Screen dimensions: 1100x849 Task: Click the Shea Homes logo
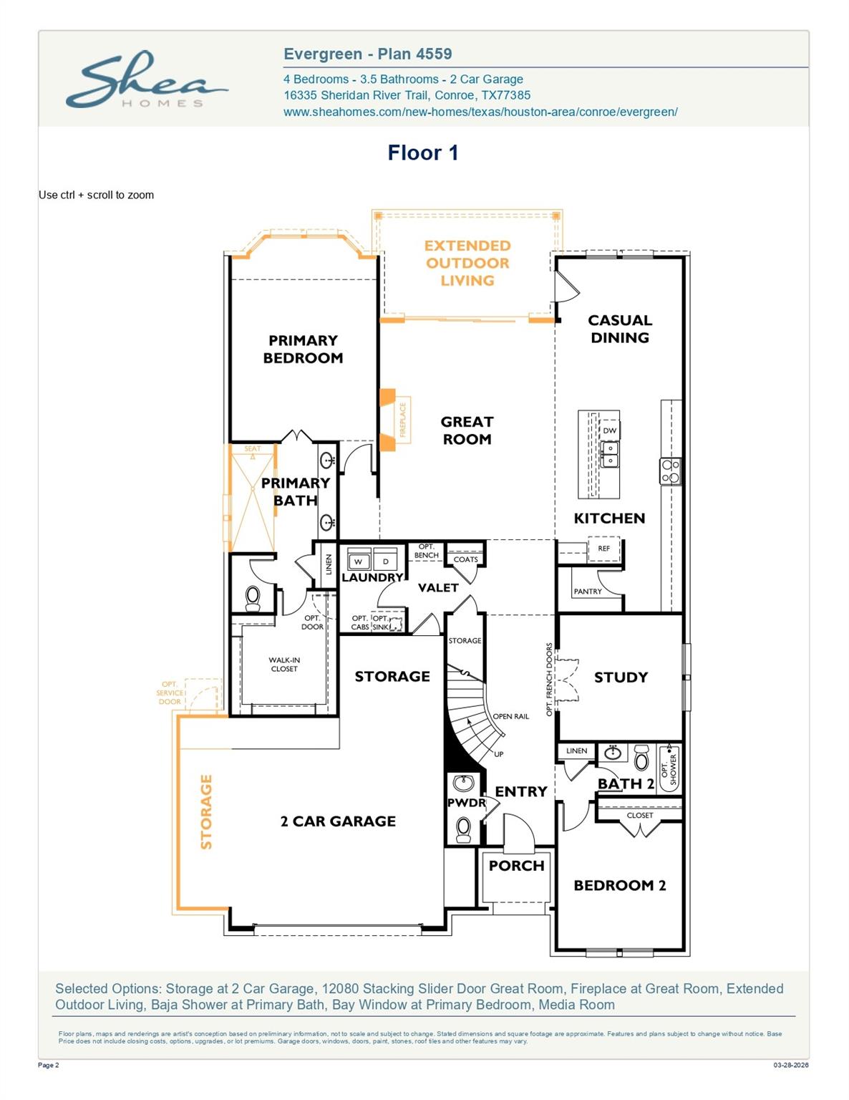coord(146,79)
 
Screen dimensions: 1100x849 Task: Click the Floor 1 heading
coord(422,153)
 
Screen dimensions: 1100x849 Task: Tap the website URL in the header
coord(480,112)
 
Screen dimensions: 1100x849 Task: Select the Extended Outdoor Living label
coord(467,263)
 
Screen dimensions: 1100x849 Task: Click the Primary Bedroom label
coord(303,349)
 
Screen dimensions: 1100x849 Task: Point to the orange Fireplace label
coord(403,420)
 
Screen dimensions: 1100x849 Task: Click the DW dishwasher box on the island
coord(609,430)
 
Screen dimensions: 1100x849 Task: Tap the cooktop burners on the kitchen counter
coord(671,471)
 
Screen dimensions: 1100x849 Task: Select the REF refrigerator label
coord(603,549)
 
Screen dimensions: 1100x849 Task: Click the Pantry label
coord(588,592)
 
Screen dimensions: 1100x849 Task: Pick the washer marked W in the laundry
coord(359,561)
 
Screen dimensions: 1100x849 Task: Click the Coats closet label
coord(465,559)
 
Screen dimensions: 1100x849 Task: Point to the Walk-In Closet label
coord(284,665)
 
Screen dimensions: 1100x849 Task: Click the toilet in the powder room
coord(464,829)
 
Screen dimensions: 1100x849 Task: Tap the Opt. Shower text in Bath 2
coord(669,766)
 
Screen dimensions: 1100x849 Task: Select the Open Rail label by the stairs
coord(511,716)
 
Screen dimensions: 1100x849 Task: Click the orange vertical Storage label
coord(206,811)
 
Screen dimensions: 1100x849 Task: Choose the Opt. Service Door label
coord(170,693)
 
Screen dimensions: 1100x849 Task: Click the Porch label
coord(516,865)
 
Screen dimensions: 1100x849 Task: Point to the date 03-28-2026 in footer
coord(790,1065)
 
